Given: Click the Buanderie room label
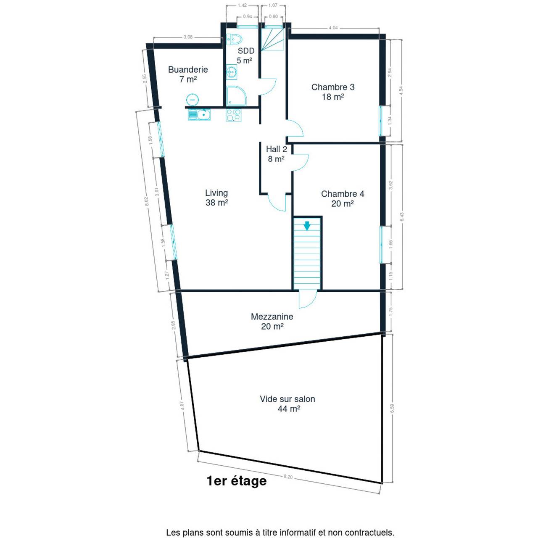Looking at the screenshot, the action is click(x=188, y=74).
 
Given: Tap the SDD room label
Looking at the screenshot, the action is click(x=245, y=55).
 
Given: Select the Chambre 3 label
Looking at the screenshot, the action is click(x=333, y=92).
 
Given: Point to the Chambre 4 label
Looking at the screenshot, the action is click(x=343, y=198).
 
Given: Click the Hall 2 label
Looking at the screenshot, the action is click(x=277, y=154).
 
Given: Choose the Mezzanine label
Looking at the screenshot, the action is click(x=272, y=322).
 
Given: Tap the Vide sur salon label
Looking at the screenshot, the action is click(x=287, y=403).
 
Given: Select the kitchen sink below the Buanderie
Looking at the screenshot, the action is click(x=199, y=114).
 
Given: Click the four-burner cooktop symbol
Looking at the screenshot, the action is click(x=234, y=115).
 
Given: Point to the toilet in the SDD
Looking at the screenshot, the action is click(x=234, y=39).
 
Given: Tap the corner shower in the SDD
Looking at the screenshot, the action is click(x=236, y=96).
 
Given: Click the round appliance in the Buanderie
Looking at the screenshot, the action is click(x=193, y=100).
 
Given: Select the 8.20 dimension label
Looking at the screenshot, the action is click(x=288, y=477).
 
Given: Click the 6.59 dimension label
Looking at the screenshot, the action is click(x=392, y=409).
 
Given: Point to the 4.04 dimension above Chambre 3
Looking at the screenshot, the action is click(x=333, y=28).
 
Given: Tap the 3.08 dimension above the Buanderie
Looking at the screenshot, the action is click(x=188, y=37).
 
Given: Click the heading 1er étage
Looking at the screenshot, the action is click(x=237, y=481).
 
